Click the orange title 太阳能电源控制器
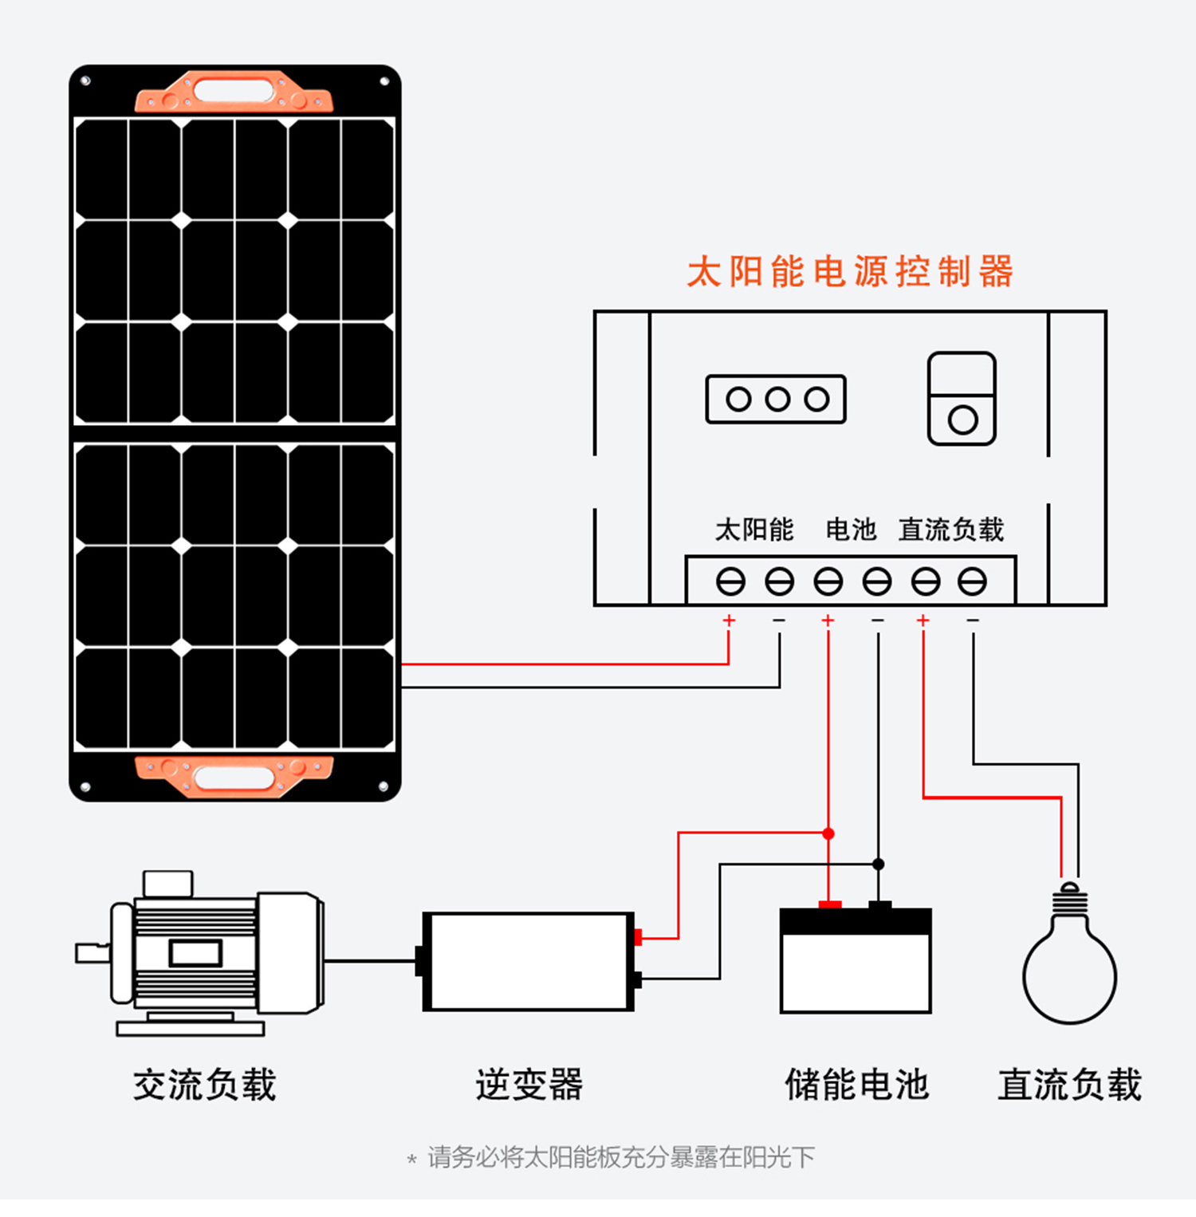850,271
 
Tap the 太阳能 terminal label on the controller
754,529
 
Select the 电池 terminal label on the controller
851,529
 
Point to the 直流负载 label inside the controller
951,529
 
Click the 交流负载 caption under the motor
205,1085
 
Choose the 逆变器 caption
529,1085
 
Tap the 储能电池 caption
857,1085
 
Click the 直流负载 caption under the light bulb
1070,1085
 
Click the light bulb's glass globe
1070,975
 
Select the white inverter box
529,962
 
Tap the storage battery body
856,962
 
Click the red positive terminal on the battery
830,904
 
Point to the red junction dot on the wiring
828,833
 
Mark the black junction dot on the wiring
878,864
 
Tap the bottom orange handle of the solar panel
234,776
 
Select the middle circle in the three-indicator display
777,399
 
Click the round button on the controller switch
962,419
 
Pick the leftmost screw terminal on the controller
730,581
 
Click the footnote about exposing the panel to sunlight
612,1157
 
